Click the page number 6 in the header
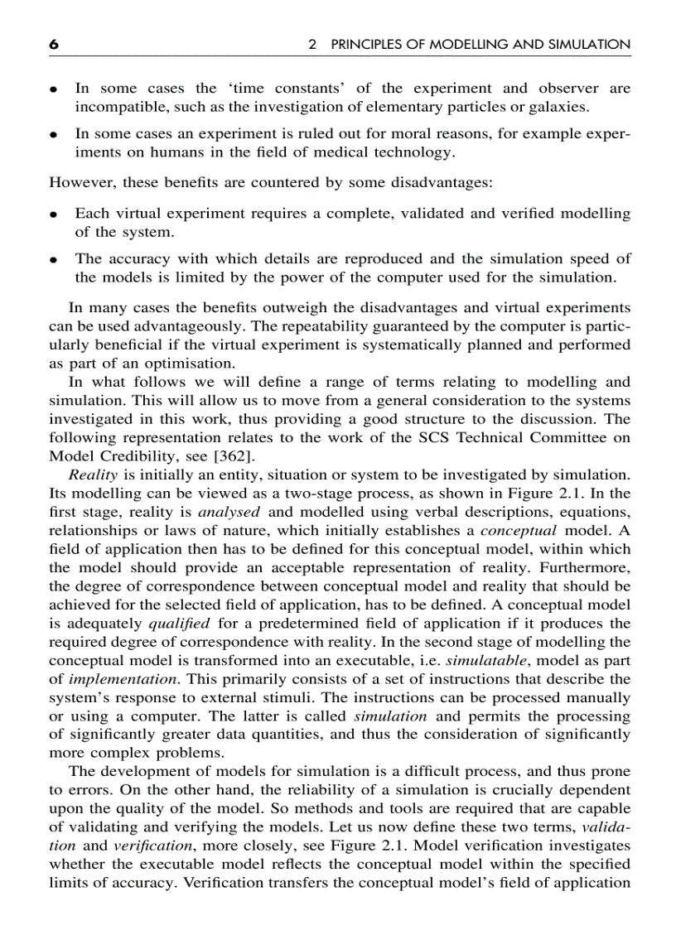click(54, 45)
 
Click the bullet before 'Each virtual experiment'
click(54, 214)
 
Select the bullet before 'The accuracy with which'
click(54, 259)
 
